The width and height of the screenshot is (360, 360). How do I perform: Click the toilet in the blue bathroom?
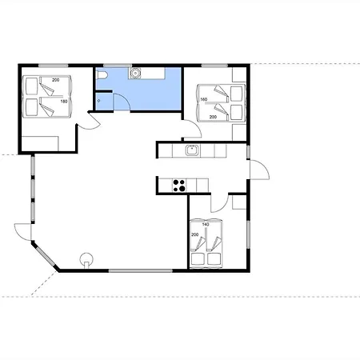click(102, 75)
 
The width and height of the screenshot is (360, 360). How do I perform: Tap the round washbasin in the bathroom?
click(135, 73)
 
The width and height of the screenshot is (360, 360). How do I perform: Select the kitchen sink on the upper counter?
click(192, 150)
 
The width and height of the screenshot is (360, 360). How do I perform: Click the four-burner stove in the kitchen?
click(179, 186)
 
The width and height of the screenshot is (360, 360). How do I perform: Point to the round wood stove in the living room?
click(86, 259)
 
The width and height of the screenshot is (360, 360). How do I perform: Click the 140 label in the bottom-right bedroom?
click(206, 225)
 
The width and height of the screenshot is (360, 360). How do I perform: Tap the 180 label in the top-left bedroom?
click(64, 102)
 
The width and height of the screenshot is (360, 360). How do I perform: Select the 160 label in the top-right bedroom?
click(203, 99)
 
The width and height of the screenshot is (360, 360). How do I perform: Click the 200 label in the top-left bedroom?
click(56, 80)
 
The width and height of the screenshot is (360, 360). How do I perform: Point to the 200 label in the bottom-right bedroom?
click(195, 234)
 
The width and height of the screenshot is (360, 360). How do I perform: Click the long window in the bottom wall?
click(141, 270)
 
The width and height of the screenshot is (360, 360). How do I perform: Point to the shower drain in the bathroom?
click(99, 101)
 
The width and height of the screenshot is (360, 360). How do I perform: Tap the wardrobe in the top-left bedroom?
click(40, 144)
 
